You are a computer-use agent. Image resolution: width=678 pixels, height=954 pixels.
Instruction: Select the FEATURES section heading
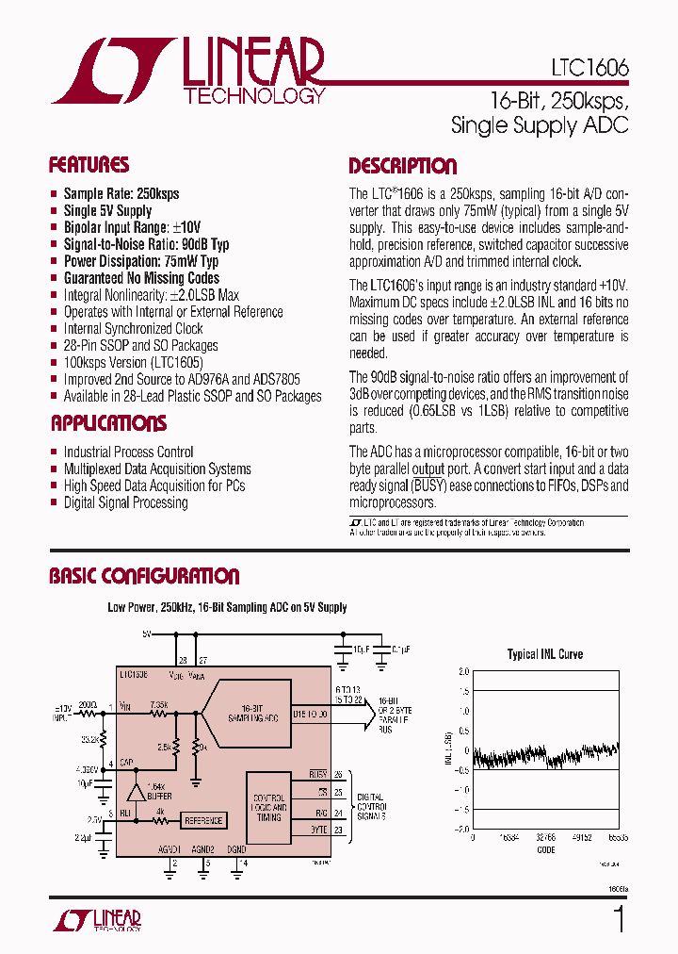coord(89,166)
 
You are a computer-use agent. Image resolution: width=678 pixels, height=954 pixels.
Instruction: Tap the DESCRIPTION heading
coord(402,167)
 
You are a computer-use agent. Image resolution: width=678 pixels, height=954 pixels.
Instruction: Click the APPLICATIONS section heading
coord(108,423)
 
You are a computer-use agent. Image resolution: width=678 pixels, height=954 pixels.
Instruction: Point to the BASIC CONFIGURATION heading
coord(144,576)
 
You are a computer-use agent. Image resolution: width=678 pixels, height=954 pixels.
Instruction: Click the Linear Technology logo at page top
coord(188,71)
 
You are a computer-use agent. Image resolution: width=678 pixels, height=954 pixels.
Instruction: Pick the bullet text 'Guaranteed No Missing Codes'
coord(141,278)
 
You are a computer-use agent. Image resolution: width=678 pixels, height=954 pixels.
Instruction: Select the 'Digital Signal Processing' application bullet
coord(125,502)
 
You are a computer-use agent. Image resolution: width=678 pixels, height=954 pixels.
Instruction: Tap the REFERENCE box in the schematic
coord(202,820)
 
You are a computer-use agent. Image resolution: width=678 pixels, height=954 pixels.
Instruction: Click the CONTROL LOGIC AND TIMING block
coord(268,808)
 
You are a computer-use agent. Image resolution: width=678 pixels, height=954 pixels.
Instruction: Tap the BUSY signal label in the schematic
coord(317,774)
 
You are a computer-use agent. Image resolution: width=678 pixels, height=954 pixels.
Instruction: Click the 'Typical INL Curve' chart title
coord(544,654)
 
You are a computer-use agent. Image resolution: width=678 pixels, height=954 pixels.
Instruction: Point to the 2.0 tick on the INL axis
coord(462,672)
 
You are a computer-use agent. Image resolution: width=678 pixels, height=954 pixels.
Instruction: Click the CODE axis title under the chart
coord(545,848)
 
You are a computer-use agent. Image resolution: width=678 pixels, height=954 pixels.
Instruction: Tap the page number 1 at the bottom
coord(619,919)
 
